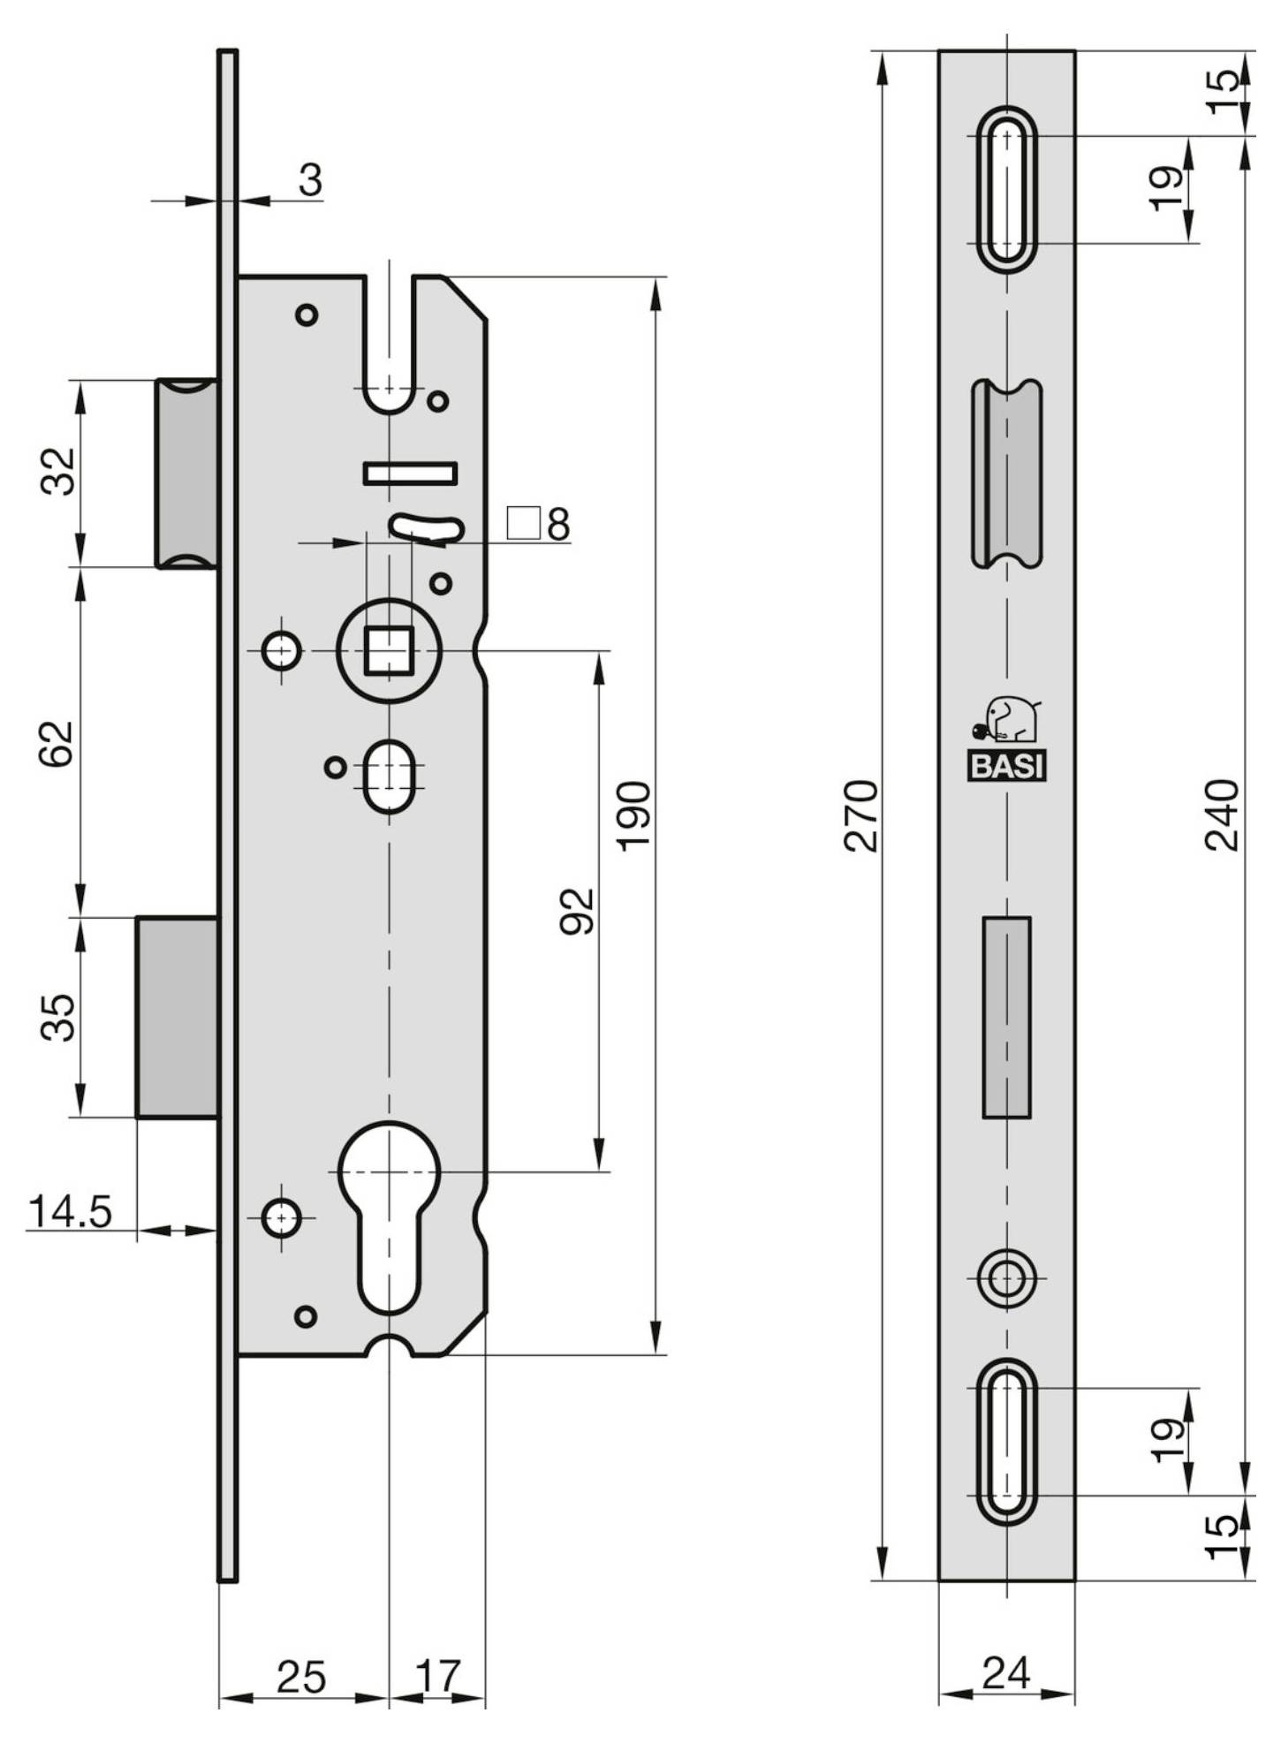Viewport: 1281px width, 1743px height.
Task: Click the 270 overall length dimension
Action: click(861, 815)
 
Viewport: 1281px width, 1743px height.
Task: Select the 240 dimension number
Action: click(1223, 815)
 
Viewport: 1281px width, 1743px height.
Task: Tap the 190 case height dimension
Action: click(633, 815)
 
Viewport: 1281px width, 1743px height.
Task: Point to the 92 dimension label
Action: click(578, 911)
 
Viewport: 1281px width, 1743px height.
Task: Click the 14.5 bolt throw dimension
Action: click(71, 1211)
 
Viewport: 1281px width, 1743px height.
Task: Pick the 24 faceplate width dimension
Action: click(1006, 1672)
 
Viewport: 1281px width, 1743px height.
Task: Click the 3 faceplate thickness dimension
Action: click(310, 180)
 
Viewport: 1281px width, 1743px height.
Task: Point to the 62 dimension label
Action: click(58, 743)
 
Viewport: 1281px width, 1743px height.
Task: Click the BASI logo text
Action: click(1007, 766)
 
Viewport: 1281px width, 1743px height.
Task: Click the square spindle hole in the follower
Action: click(389, 650)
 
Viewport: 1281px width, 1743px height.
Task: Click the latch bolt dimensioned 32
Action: click(187, 474)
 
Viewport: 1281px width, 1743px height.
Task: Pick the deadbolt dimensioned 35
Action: click(178, 1017)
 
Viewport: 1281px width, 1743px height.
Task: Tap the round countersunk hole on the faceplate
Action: click(1006, 1277)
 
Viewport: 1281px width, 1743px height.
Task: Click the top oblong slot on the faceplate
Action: click(1006, 189)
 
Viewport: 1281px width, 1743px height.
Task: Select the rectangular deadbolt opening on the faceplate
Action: click(1006, 1017)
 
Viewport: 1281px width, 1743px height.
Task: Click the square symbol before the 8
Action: click(523, 523)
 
